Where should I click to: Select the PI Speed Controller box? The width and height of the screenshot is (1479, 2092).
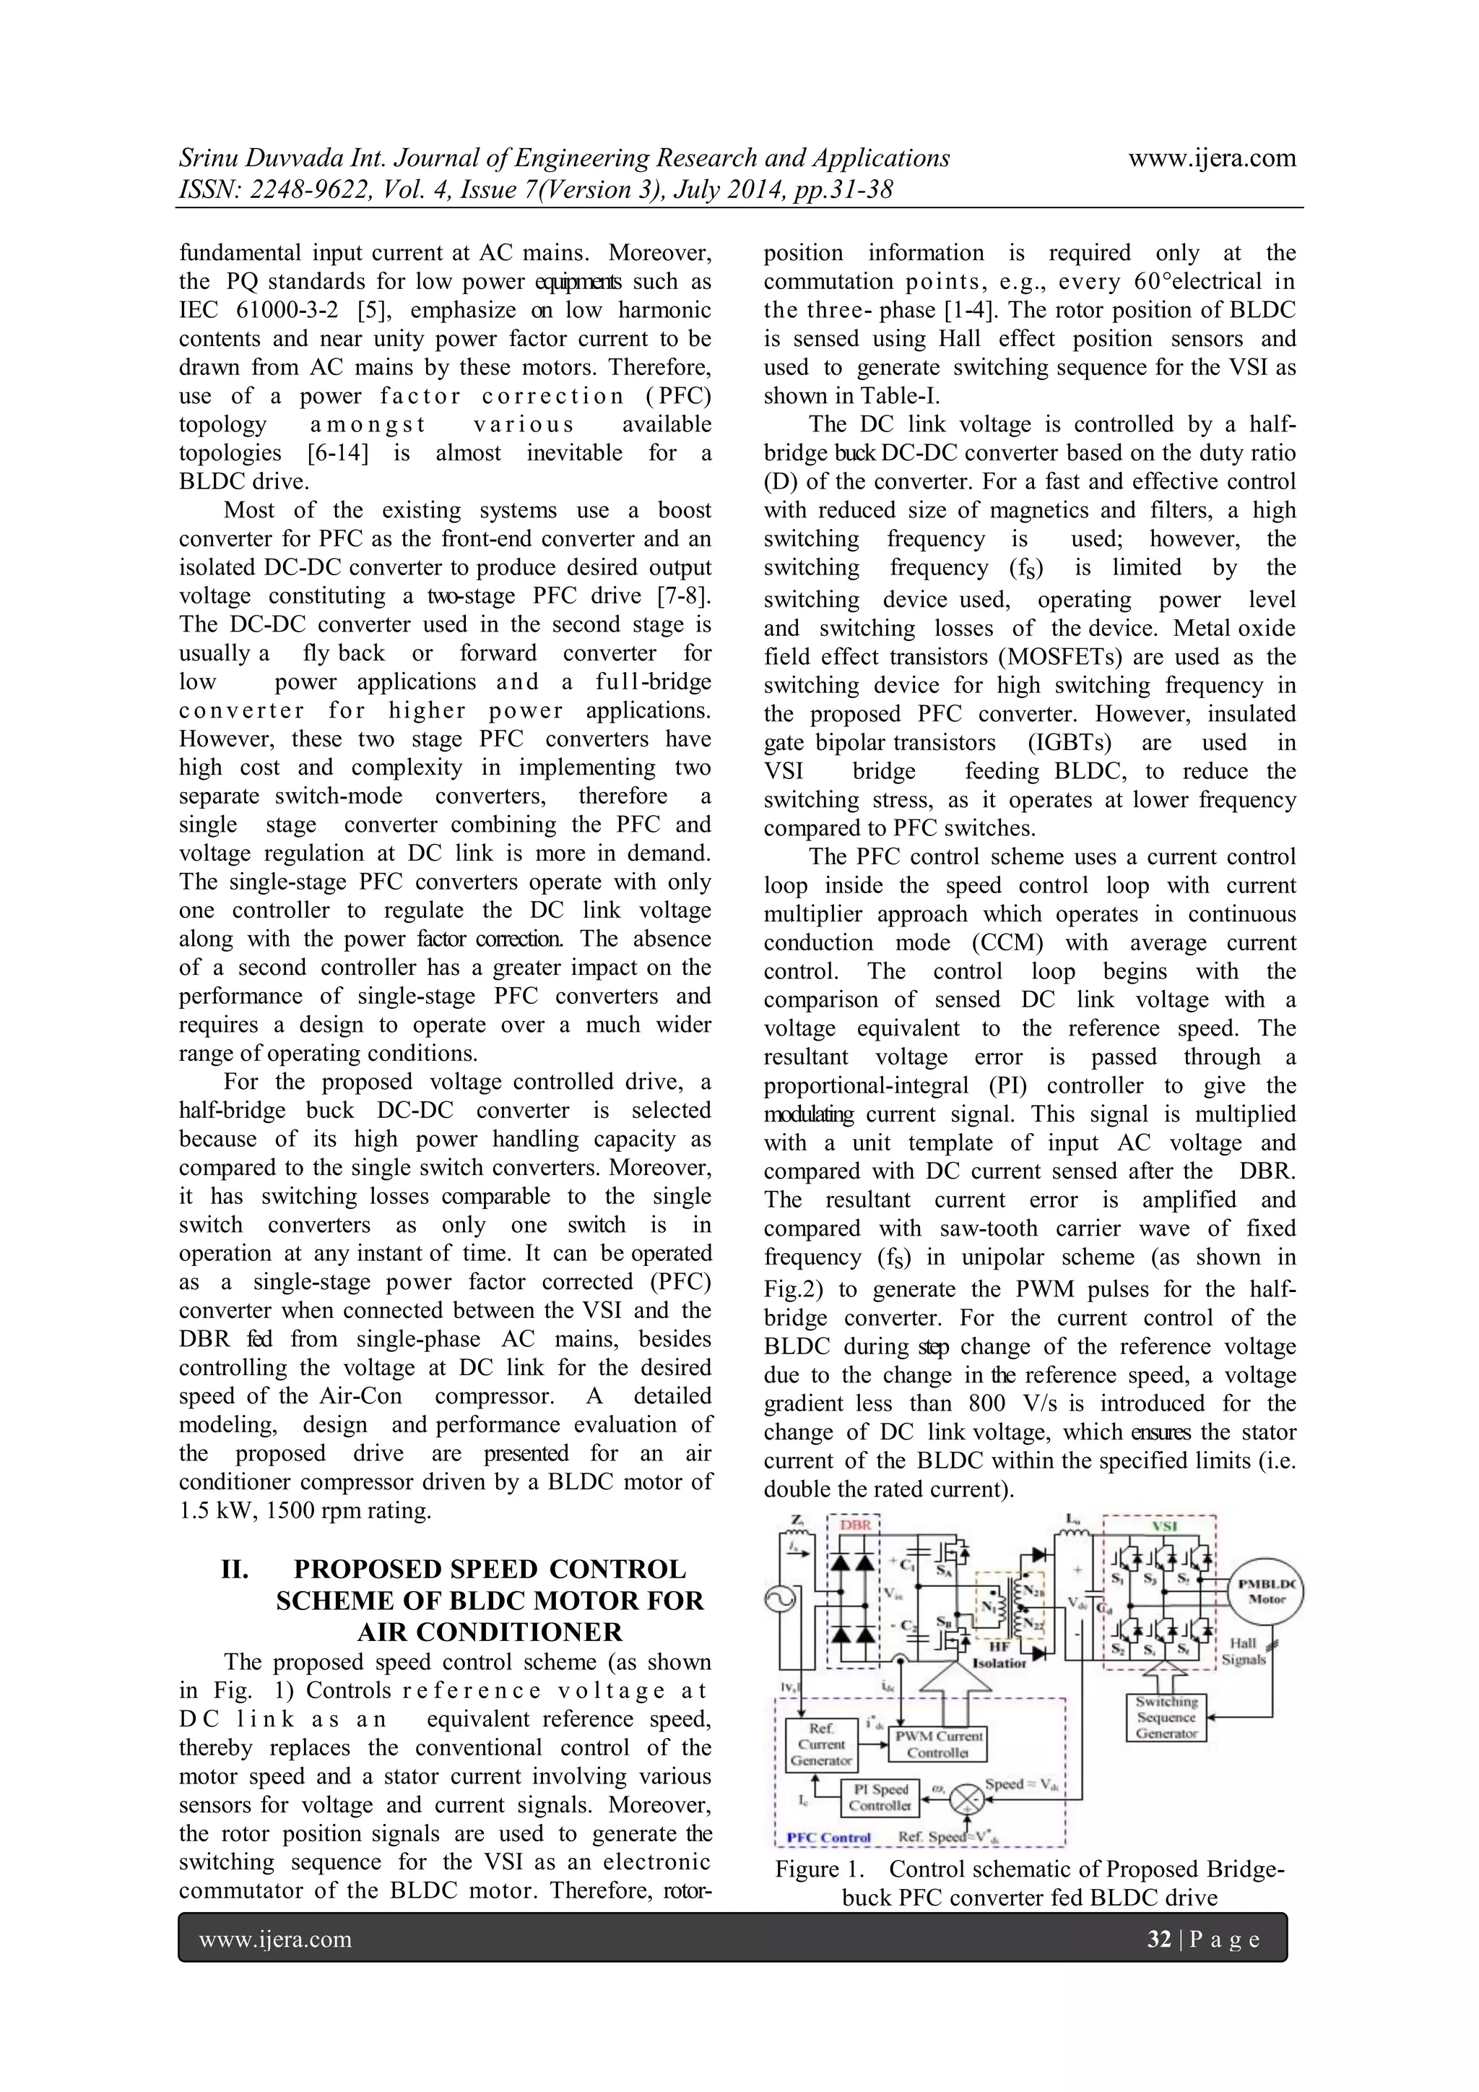click(879, 1796)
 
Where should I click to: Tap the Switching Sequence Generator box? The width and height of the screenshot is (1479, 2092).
click(1166, 1718)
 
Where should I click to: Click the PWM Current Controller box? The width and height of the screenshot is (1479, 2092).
click(938, 1744)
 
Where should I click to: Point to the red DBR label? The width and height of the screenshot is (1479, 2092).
click(855, 1525)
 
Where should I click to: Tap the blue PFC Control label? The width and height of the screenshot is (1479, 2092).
click(829, 1838)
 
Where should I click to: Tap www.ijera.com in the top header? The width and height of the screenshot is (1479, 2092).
click(1211, 158)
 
